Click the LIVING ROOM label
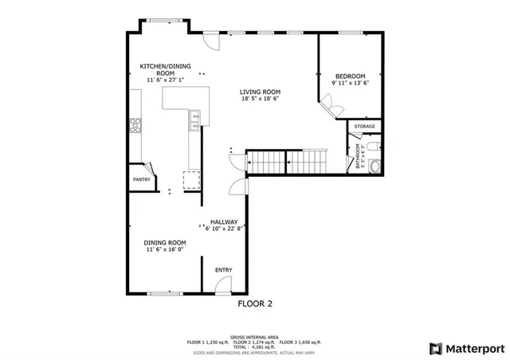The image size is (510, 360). (x=261, y=92)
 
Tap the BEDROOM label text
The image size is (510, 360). (x=350, y=75)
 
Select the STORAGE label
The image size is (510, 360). (x=364, y=127)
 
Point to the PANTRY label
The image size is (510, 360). (x=141, y=179)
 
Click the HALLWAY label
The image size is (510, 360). (x=224, y=222)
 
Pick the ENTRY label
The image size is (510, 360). (x=224, y=270)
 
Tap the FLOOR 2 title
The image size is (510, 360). (x=255, y=303)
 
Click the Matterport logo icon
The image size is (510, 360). (x=435, y=348)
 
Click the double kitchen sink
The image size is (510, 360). (x=194, y=120)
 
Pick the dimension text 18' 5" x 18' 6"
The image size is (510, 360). (x=261, y=100)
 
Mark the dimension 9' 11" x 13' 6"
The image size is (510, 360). (x=350, y=83)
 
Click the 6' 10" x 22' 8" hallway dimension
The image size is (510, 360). (x=224, y=229)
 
